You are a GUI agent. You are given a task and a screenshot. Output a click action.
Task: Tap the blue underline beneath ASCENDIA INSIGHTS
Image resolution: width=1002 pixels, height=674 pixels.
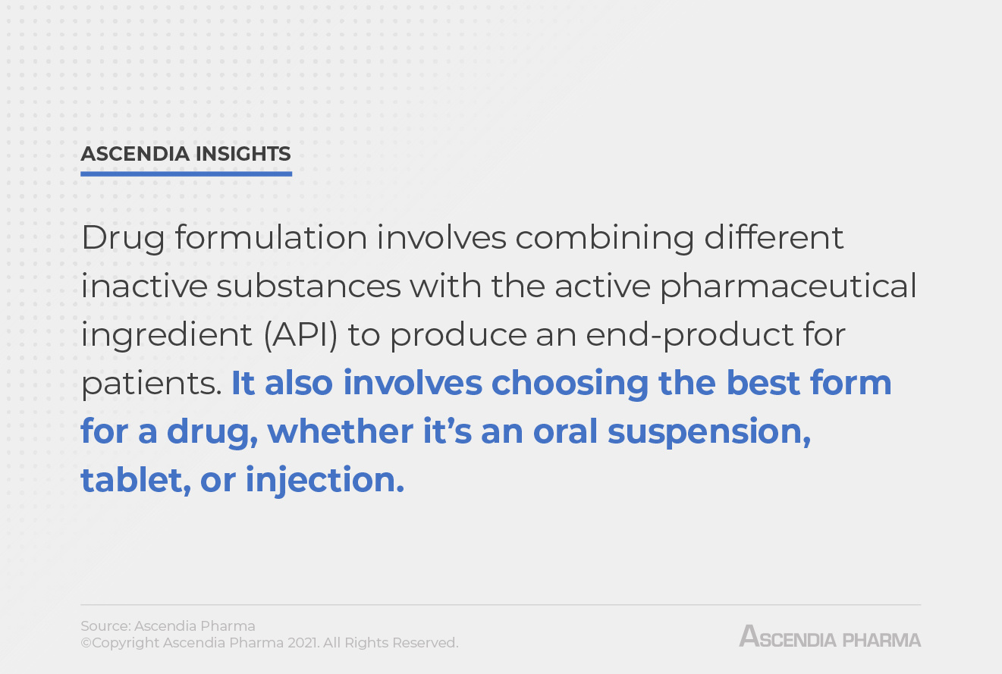coord(186,174)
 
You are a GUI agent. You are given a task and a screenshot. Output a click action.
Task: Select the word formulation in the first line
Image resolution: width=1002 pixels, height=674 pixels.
coord(271,237)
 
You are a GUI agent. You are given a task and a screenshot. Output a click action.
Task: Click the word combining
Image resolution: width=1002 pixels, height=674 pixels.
coord(604,237)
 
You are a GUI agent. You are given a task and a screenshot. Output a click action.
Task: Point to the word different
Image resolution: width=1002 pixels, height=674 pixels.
coord(774,237)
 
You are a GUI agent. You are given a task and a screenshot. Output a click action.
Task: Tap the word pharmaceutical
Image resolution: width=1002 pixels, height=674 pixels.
coord(788,286)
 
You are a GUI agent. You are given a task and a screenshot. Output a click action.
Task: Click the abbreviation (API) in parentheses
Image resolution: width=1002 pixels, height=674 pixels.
coord(300,334)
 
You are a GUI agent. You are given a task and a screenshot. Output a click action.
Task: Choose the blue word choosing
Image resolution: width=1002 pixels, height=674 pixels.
coord(570,384)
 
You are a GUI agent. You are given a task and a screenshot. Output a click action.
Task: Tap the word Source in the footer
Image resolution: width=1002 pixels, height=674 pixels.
coord(104,626)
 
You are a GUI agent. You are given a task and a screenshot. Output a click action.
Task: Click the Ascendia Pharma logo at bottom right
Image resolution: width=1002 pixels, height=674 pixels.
coord(830,636)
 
